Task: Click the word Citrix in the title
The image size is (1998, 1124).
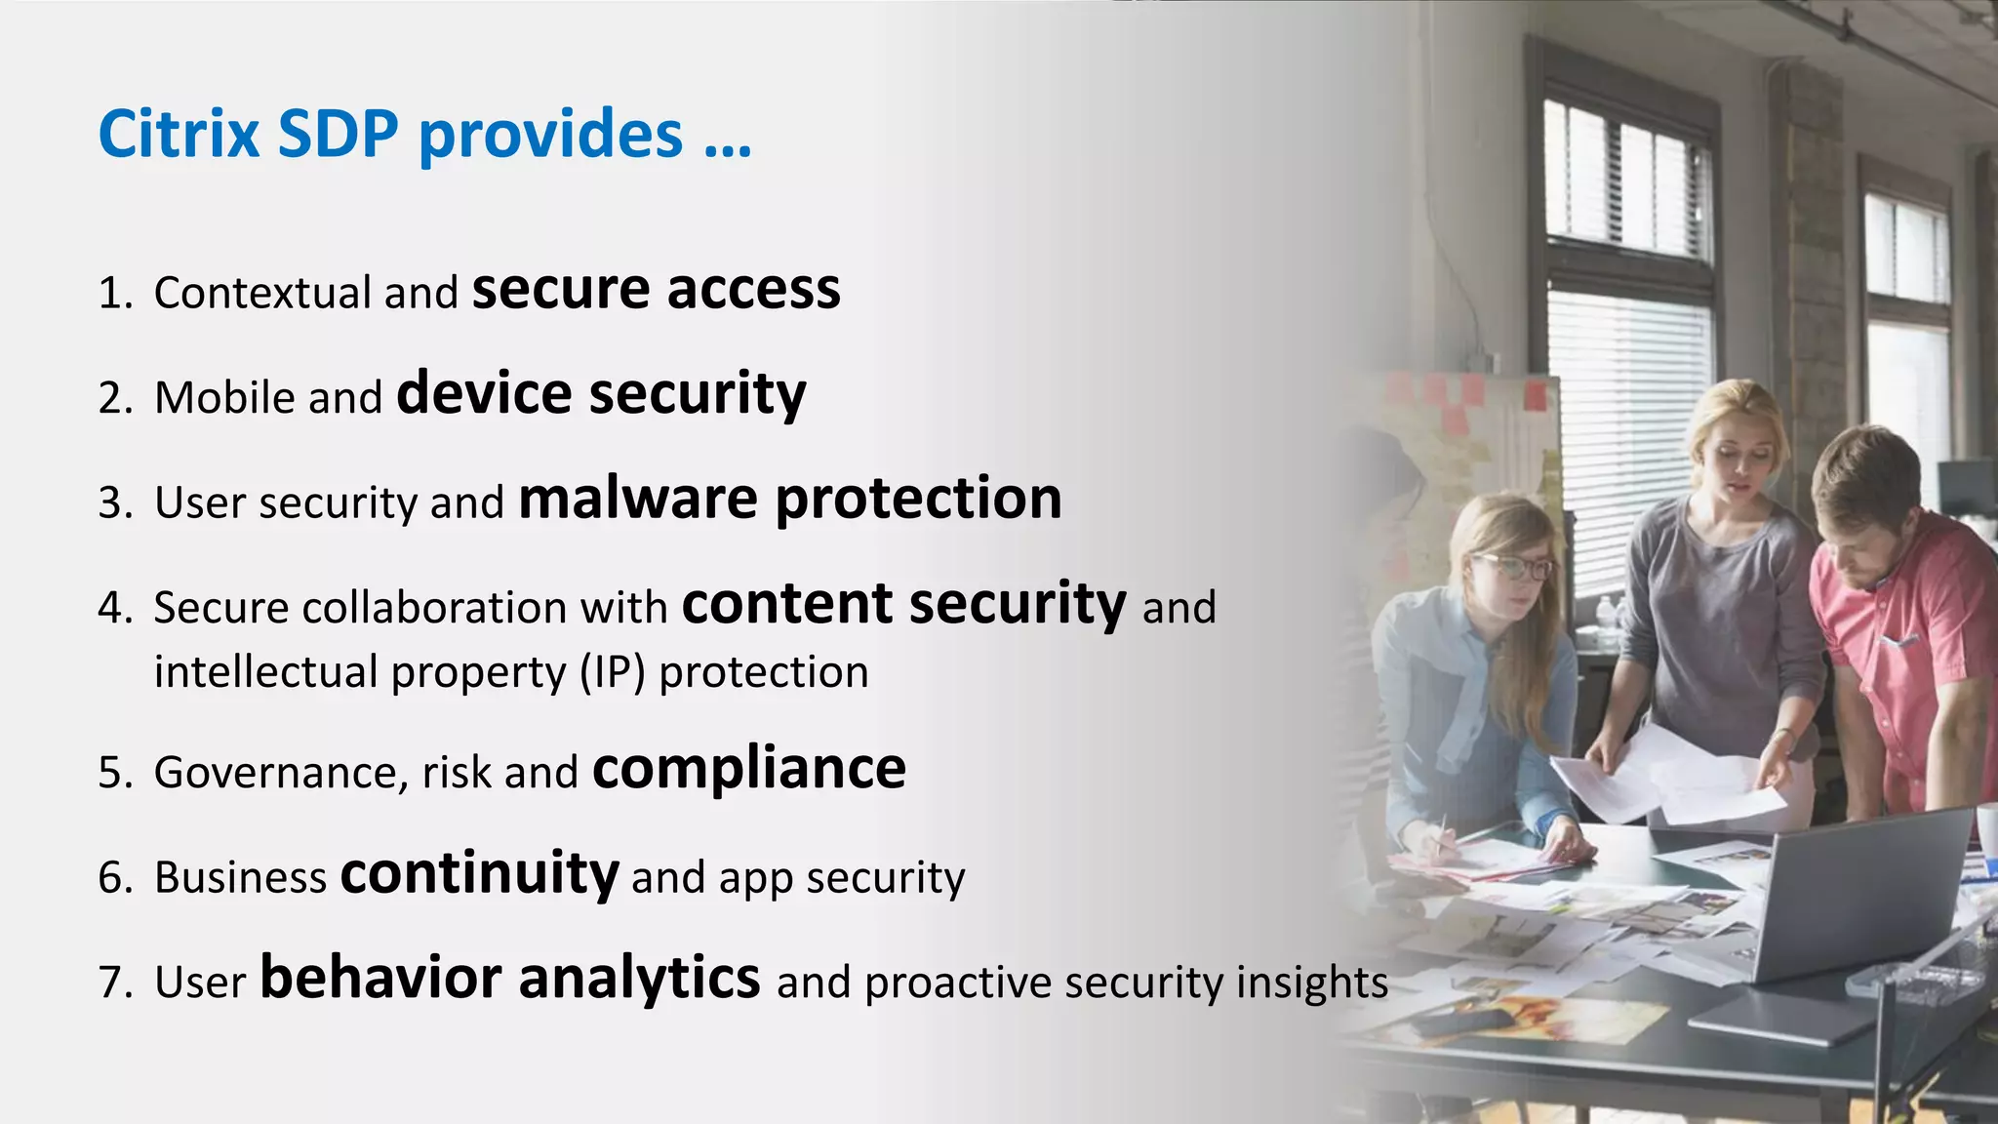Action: (x=178, y=134)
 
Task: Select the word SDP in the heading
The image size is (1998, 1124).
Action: (x=338, y=134)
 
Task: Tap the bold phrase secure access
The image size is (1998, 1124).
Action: (x=656, y=290)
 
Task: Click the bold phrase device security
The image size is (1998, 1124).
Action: (x=601, y=394)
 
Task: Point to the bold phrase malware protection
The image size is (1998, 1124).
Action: (x=789, y=499)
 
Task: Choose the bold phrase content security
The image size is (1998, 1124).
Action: (x=903, y=604)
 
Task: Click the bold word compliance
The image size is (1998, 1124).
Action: (x=748, y=769)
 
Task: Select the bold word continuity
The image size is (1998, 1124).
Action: (x=479, y=873)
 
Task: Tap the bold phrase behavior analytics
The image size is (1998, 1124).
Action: (x=509, y=978)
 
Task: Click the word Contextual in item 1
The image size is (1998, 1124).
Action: (x=262, y=294)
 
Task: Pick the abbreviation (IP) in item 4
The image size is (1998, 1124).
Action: (x=613, y=673)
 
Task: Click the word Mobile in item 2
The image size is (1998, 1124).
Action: (x=224, y=398)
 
